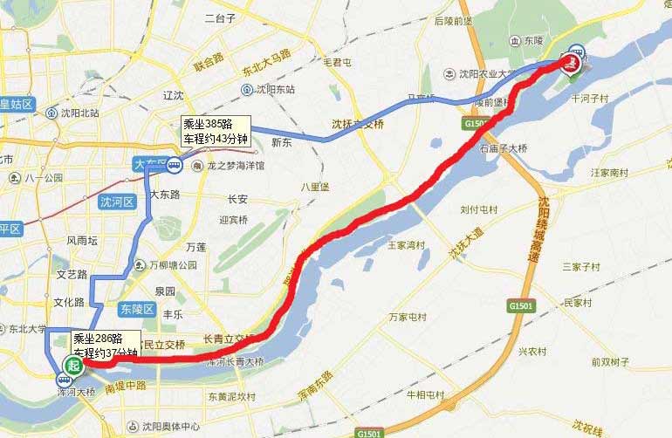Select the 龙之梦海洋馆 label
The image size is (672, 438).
tap(230, 164)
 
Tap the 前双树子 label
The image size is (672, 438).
tap(610, 362)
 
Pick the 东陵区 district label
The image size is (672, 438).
tap(137, 309)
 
